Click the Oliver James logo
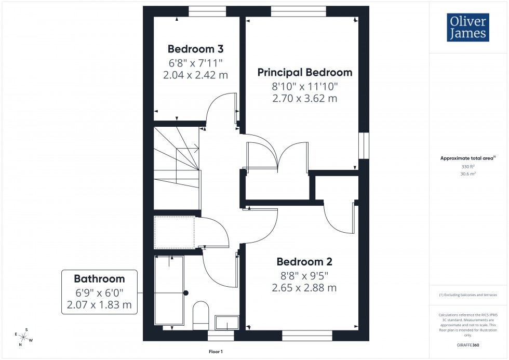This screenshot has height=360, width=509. [467, 28]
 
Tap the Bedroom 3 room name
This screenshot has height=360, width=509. [195, 49]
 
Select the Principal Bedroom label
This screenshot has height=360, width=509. [305, 73]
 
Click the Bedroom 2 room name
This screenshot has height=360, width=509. [304, 262]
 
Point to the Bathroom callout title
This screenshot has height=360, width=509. [99, 279]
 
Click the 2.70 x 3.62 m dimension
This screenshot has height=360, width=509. [305, 98]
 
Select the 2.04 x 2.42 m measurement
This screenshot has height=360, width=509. [195, 74]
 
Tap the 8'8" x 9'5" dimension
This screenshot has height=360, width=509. [304, 275]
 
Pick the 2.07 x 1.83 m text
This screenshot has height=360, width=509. [99, 304]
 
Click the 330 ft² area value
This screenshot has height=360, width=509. [468, 166]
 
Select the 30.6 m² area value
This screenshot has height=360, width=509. [468, 174]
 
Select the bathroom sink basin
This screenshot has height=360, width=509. [226, 323]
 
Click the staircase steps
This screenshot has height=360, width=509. [177, 166]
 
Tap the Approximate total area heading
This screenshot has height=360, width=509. [468, 158]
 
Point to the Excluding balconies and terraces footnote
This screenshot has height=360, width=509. [468, 295]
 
